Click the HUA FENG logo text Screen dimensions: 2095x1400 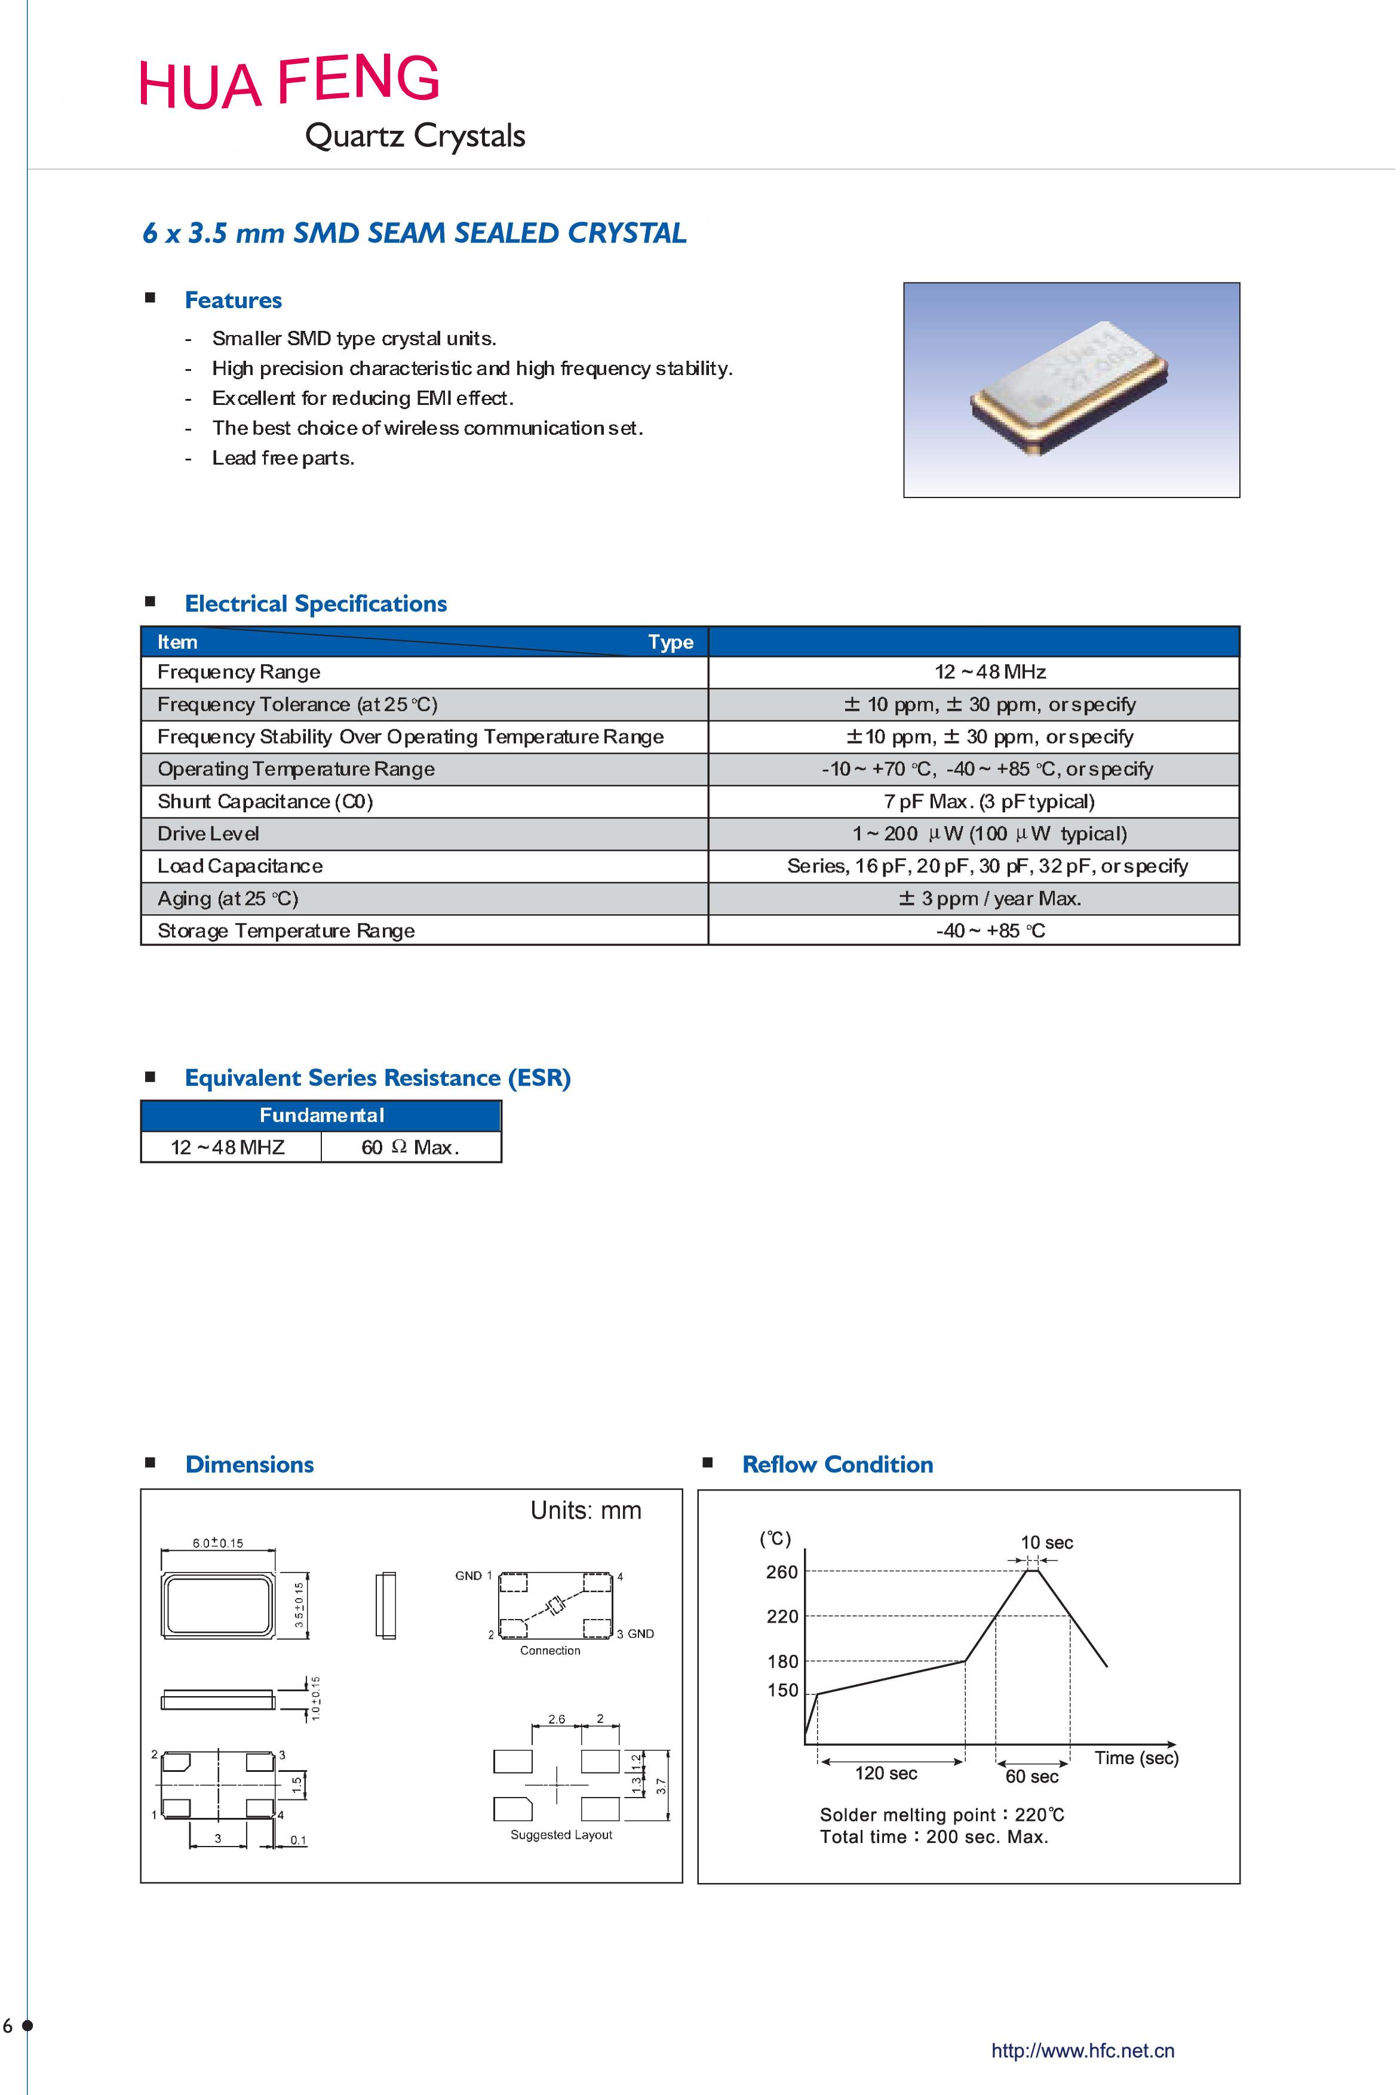tap(288, 82)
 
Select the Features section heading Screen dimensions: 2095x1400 tap(233, 301)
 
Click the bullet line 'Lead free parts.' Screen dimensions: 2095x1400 tap(283, 459)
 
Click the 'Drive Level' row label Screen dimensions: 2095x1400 tap(208, 834)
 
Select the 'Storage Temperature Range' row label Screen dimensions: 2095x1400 tap(285, 931)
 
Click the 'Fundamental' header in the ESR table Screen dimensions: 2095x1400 tap(321, 1116)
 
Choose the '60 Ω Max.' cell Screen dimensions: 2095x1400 tap(410, 1148)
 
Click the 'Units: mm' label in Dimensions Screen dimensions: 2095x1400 tap(586, 1510)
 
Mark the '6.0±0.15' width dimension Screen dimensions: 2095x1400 tap(218, 1543)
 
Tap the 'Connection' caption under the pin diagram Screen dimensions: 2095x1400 tap(550, 1651)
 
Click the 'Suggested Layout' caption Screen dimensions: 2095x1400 tap(561, 1835)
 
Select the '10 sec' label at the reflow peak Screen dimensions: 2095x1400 tap(1046, 1543)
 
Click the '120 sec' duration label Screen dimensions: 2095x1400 tap(886, 1774)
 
